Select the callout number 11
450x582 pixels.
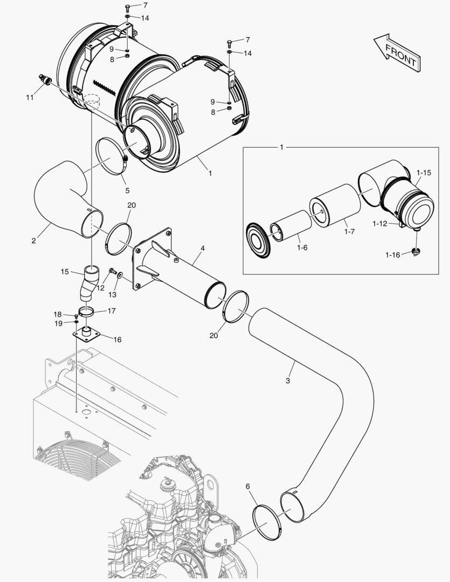pos(30,97)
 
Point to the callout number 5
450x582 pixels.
pos(128,190)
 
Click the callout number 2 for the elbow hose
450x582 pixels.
pos(33,241)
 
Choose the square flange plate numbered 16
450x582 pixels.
pos(88,336)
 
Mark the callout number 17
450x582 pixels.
pos(112,310)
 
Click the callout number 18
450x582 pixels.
pos(58,314)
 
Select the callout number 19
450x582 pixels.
pos(58,323)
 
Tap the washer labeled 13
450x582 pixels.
pos(119,275)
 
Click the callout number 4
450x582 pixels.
pos(202,248)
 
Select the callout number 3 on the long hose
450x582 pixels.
pos(288,380)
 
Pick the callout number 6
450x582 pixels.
pos(247,487)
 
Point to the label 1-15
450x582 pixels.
pos(424,173)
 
